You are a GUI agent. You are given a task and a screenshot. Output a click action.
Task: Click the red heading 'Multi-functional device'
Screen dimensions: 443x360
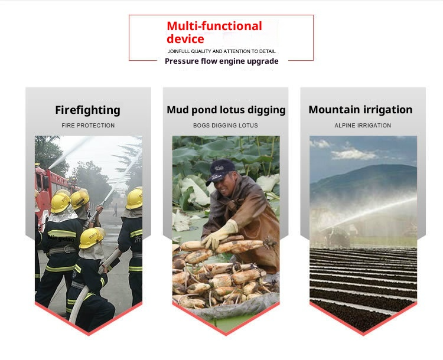[214, 32]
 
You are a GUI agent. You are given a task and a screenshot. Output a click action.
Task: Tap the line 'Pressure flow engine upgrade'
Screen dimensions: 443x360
[221, 61]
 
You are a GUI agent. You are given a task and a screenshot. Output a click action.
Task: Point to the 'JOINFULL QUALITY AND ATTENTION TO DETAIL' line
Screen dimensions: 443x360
[221, 51]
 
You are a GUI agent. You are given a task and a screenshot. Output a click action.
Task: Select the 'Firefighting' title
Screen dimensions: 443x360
[87, 110]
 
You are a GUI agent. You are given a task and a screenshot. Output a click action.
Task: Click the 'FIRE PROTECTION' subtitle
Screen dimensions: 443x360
[88, 125]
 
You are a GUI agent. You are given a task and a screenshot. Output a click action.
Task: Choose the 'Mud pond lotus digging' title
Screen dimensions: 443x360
[226, 110]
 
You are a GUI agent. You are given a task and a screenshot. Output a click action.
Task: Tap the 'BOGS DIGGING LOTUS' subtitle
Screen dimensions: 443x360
[226, 125]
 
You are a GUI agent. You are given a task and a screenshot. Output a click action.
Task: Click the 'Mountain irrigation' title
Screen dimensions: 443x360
[360, 110]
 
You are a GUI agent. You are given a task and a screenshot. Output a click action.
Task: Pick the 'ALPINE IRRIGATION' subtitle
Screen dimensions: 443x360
[363, 125]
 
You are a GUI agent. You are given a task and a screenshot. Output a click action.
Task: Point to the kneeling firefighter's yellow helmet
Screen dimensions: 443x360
[91, 238]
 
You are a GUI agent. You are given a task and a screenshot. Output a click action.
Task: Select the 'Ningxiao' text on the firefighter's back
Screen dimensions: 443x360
[61, 238]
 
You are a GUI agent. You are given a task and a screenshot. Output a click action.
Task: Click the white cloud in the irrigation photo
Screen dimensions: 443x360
[353, 154]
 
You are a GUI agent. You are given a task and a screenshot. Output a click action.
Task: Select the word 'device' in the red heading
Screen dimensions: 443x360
[185, 40]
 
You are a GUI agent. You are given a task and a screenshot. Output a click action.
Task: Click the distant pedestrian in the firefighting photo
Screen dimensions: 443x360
[115, 210]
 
